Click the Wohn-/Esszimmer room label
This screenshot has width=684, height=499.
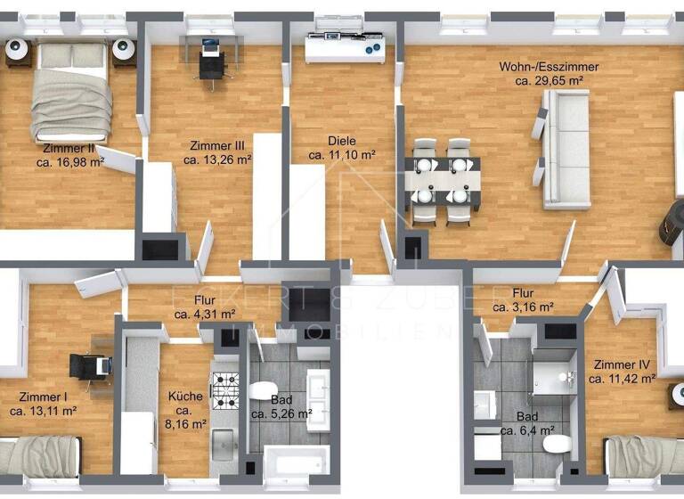click(x=549, y=67)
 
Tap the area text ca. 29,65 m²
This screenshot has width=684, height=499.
click(x=549, y=80)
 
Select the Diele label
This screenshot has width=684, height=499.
click(x=341, y=141)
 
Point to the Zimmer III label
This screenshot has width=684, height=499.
click(x=217, y=145)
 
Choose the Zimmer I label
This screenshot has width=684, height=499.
click(x=42, y=397)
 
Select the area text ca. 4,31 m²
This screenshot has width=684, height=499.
click(x=205, y=314)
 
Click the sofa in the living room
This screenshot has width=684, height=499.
click(x=567, y=148)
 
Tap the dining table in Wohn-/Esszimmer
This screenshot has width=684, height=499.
click(x=443, y=181)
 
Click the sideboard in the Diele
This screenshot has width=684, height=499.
click(x=346, y=50)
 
